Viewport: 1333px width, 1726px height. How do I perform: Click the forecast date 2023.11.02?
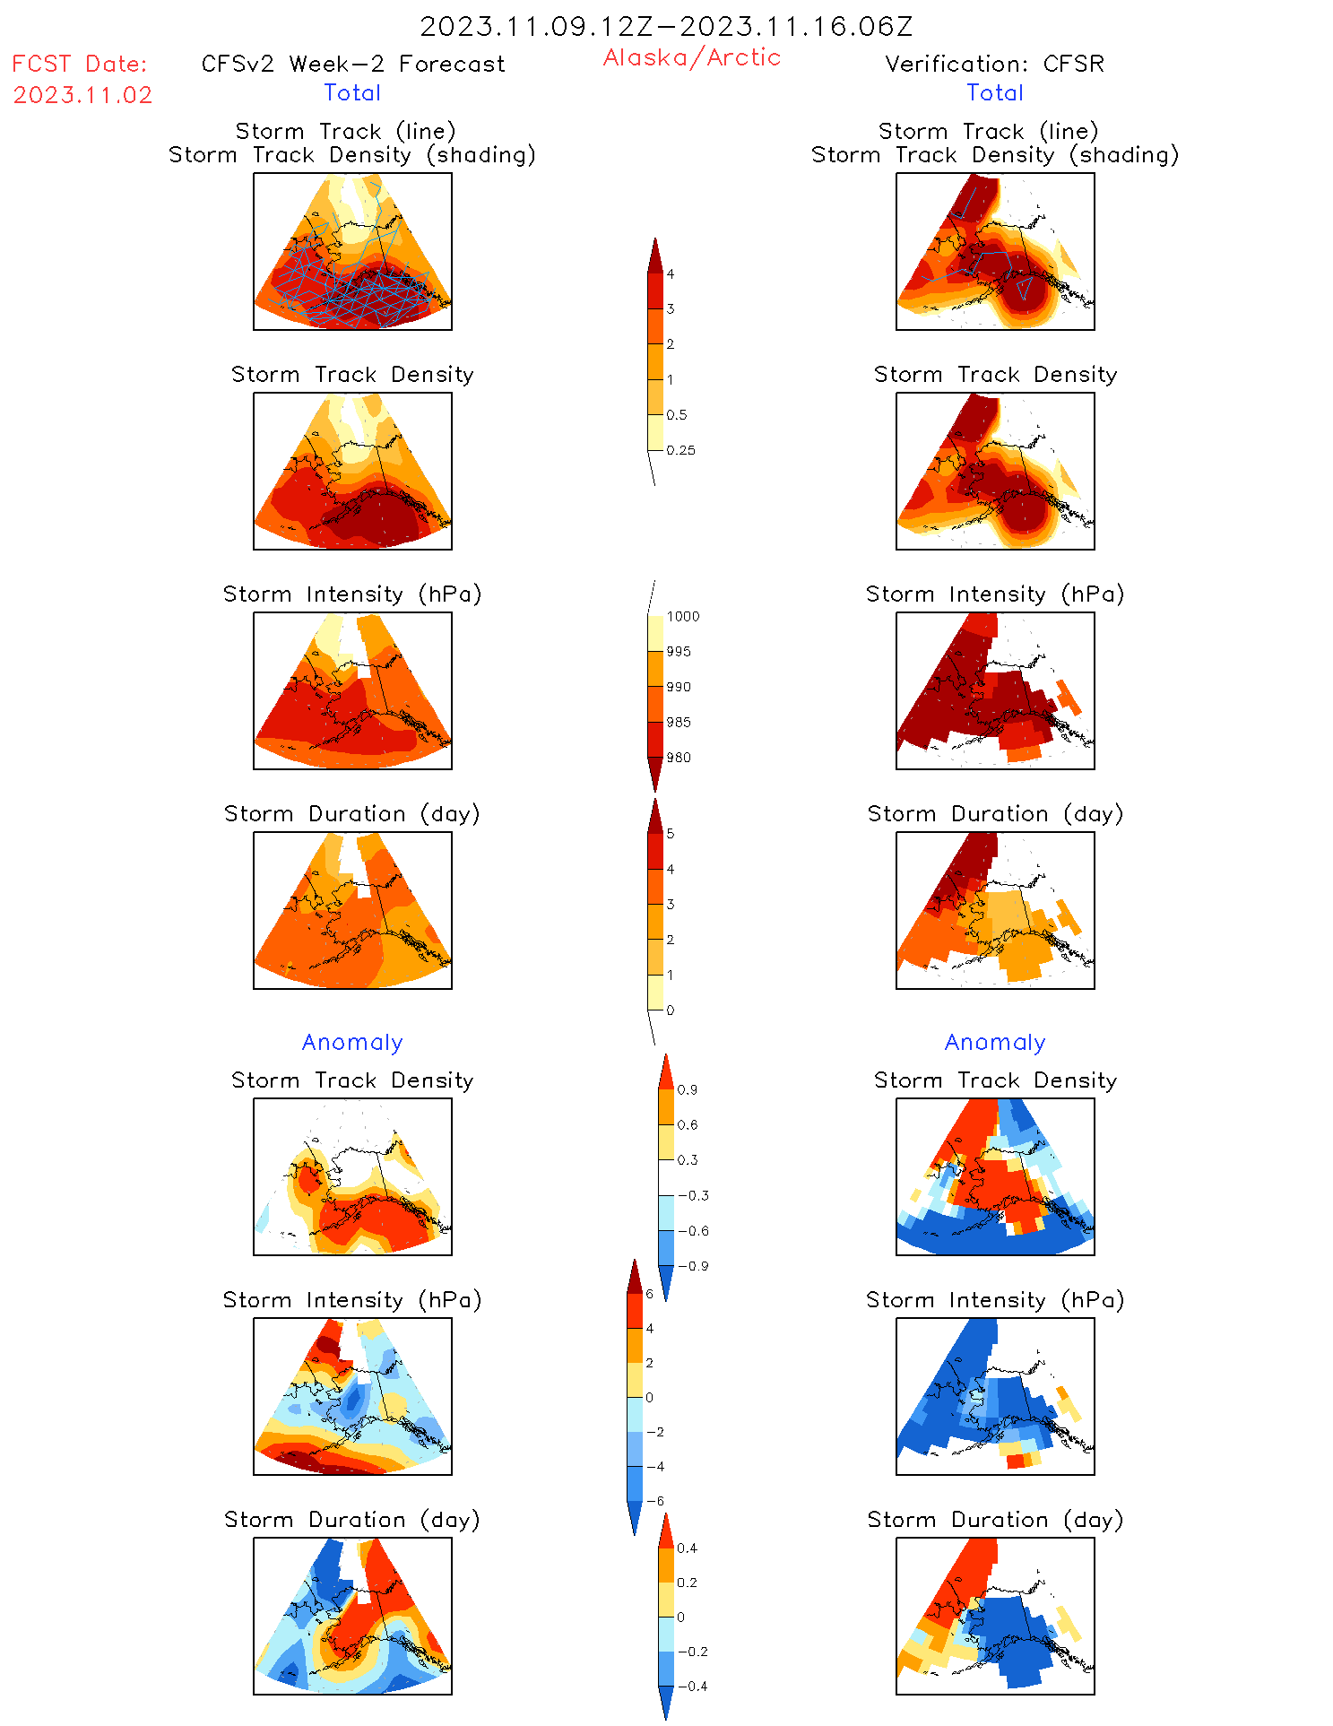[82, 95]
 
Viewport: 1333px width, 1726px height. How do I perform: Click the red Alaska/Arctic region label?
[691, 57]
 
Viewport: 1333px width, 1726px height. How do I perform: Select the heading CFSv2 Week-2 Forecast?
[353, 64]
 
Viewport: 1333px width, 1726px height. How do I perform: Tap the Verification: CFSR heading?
[994, 64]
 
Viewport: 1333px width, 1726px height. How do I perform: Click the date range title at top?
[666, 26]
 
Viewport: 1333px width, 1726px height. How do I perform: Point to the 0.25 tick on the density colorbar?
[680, 450]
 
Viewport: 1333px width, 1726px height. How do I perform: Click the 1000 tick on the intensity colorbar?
[682, 616]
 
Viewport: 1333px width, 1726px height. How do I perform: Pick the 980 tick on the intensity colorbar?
[679, 758]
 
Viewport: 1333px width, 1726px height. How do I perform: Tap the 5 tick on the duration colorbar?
[671, 834]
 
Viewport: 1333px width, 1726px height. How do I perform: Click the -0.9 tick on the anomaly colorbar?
[692, 1266]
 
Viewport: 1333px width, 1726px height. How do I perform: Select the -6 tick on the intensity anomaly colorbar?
[654, 1501]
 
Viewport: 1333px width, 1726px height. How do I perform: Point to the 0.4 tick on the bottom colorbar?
[687, 1548]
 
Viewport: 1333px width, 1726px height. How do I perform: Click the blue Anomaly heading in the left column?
[352, 1042]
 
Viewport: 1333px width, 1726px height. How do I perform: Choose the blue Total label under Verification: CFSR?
[994, 92]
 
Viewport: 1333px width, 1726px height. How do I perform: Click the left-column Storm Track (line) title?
[345, 131]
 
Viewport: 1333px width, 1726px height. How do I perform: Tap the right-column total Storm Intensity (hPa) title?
[994, 594]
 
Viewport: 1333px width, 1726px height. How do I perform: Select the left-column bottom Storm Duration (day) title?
[352, 1519]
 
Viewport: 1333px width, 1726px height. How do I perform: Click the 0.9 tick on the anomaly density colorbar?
[687, 1089]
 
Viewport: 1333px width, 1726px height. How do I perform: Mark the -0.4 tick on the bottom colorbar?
[691, 1686]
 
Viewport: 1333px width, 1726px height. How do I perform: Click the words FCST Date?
[79, 64]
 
